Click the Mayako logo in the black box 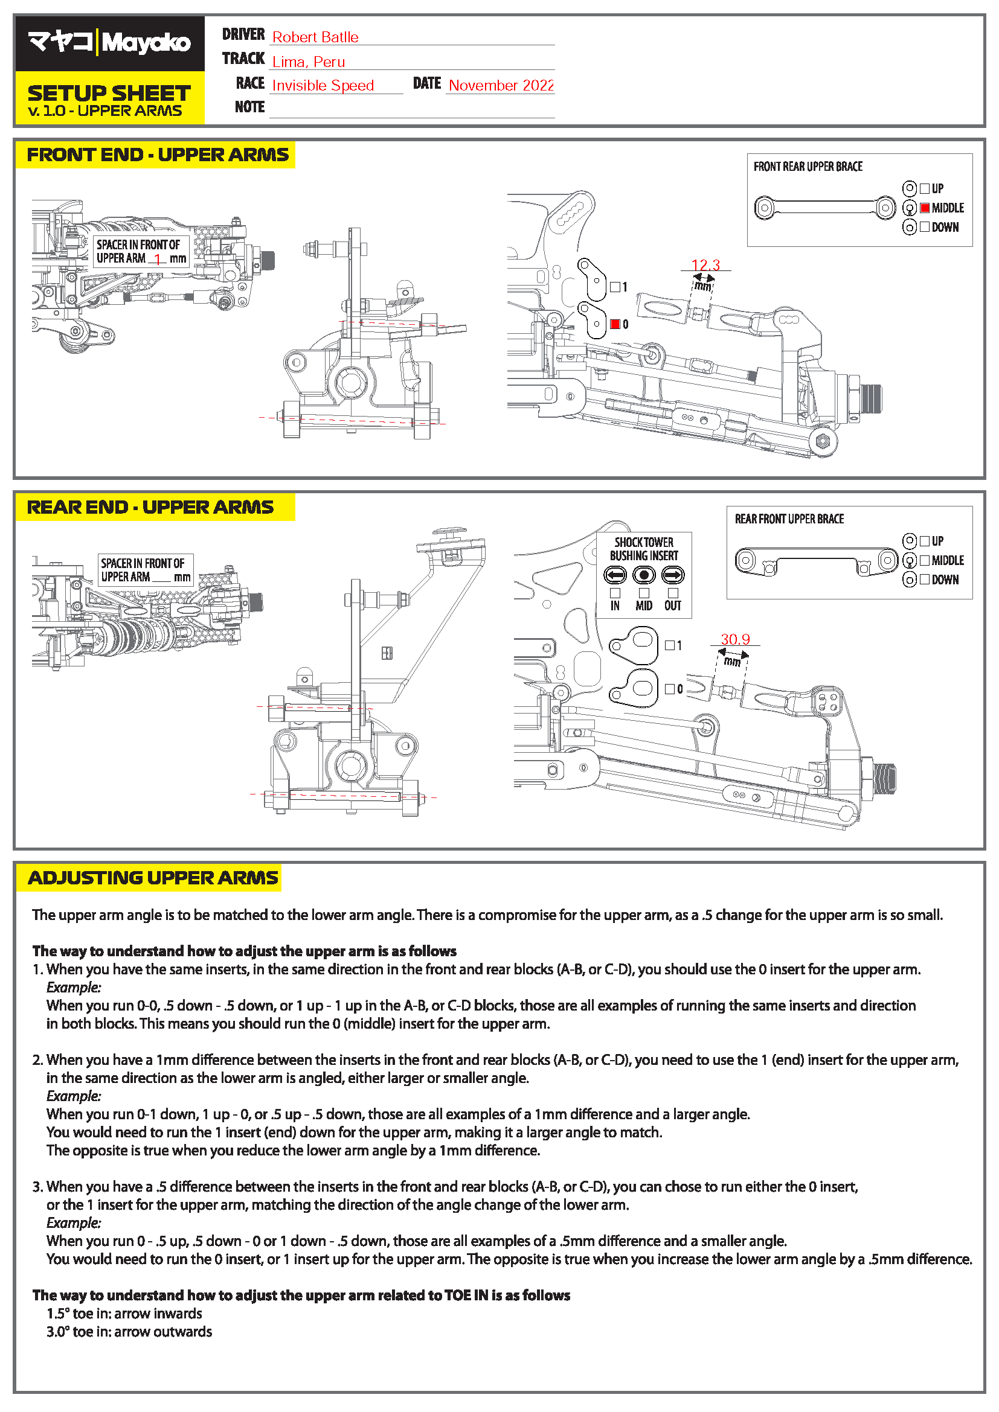coord(109,42)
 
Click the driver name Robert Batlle coord(315,37)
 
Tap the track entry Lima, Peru coord(308,62)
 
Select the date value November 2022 coord(501,86)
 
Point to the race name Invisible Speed coord(323,86)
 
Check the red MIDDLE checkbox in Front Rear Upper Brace coord(924,208)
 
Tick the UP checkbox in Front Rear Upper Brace coord(924,189)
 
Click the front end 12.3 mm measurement coord(705,265)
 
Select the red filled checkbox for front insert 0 coord(614,324)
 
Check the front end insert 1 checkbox coord(614,287)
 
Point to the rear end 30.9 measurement coord(735,639)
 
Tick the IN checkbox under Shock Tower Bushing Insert coord(614,593)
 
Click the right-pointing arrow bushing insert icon coord(672,576)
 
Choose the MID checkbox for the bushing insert coord(643,593)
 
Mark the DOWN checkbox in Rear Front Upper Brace coord(924,580)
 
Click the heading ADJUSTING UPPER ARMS coord(153,878)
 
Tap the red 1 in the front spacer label coord(158,260)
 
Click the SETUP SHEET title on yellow coord(109,94)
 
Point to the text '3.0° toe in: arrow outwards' coord(129,1332)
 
